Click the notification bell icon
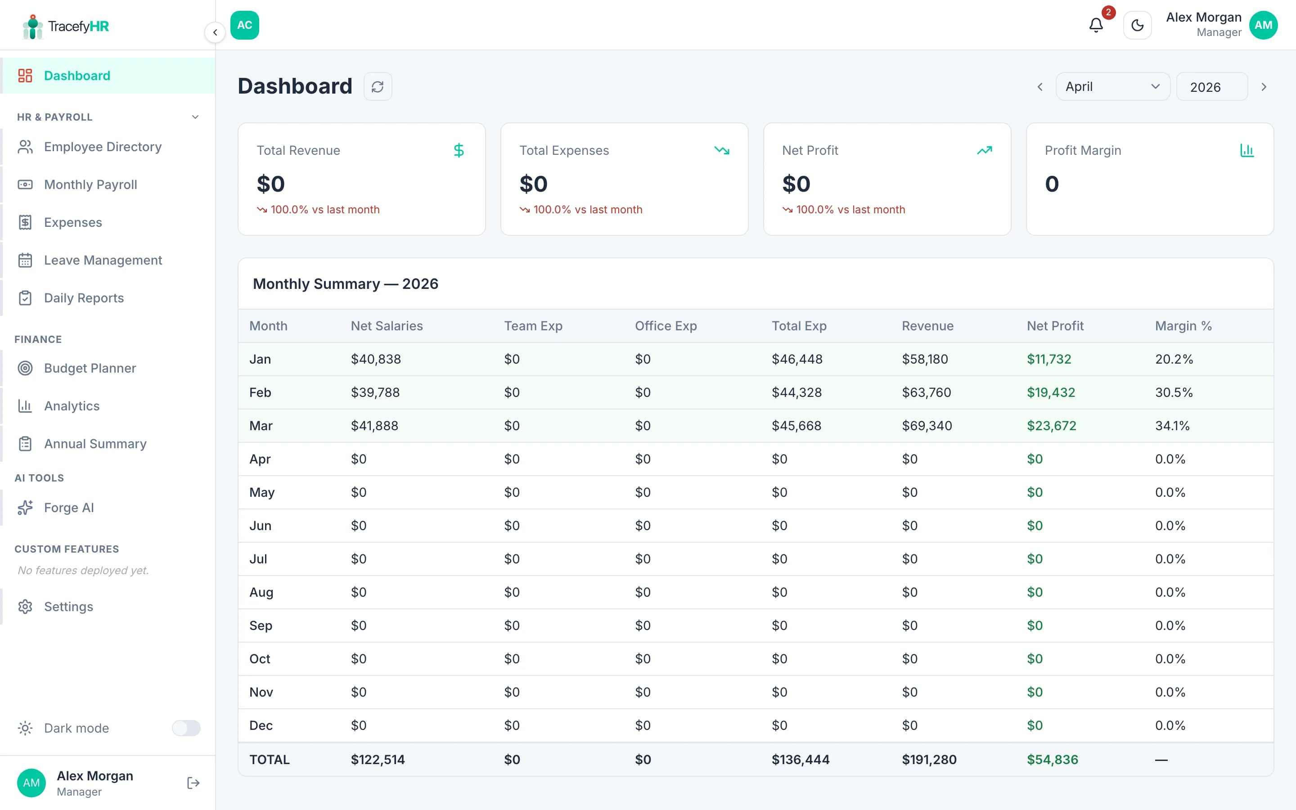coord(1096,25)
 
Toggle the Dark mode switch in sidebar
coord(186,728)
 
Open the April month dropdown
coord(1112,87)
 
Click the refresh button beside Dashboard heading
coord(378,87)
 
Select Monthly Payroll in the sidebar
coord(90,185)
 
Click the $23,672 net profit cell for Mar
coord(1051,426)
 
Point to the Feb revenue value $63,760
coord(926,393)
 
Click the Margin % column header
coord(1183,326)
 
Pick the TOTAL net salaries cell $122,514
coord(378,759)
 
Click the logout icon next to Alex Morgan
coord(193,783)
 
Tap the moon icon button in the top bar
coord(1137,25)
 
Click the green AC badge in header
coord(245,25)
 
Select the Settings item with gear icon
coord(68,607)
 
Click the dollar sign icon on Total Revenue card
coord(459,151)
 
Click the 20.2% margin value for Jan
coord(1173,360)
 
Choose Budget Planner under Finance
coord(90,368)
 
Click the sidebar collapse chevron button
coord(215,32)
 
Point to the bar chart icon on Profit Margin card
coord(1247,151)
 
